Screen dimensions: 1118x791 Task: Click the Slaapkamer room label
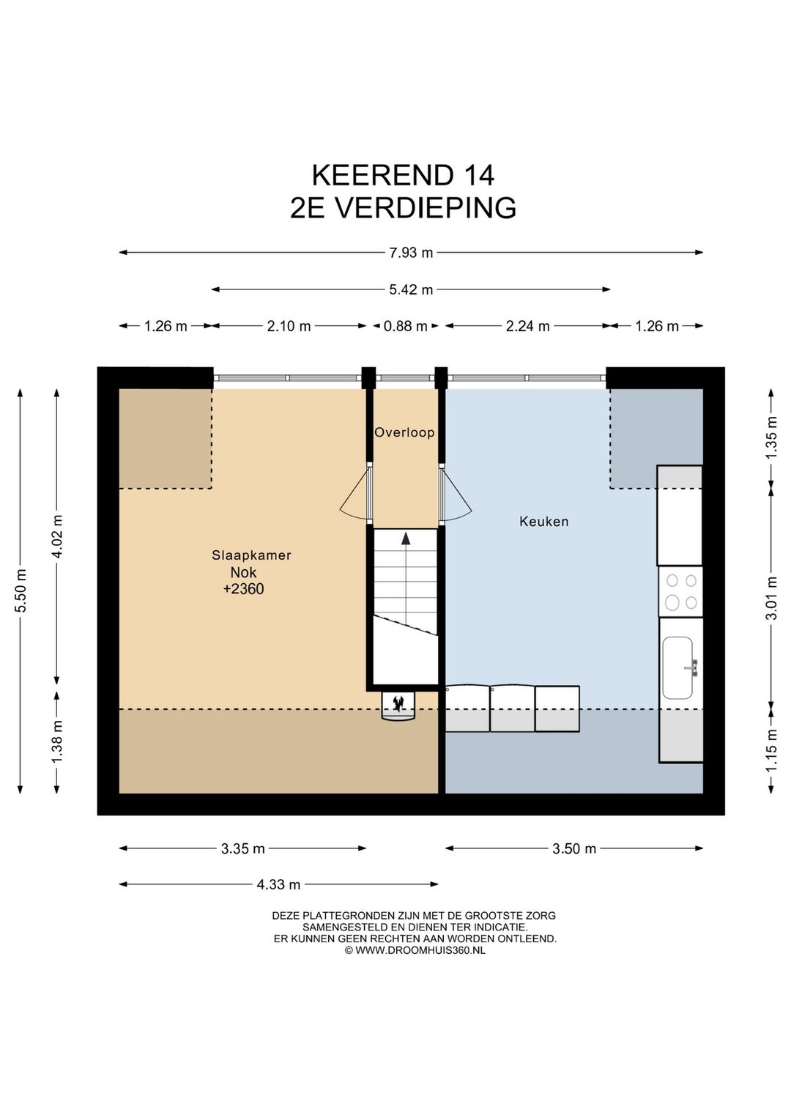[251, 555]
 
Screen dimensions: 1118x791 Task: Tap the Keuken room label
[543, 522]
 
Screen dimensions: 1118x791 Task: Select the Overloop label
[404, 432]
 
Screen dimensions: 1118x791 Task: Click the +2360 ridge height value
[243, 589]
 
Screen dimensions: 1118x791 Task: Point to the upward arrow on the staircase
[405, 539]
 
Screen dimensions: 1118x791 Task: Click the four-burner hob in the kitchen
[680, 592]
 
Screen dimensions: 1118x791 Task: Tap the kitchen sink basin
[677, 667]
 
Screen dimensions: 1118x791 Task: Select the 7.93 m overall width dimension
[411, 253]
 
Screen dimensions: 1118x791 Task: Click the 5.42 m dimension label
[411, 289]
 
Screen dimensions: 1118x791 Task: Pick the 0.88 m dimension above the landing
[405, 326]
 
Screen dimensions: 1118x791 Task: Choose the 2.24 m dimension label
[527, 326]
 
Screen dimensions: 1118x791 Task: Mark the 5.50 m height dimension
[21, 591]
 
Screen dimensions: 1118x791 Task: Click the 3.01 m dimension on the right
[771, 598]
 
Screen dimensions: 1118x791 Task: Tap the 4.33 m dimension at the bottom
[278, 884]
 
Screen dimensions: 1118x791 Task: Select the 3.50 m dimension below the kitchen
[574, 848]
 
